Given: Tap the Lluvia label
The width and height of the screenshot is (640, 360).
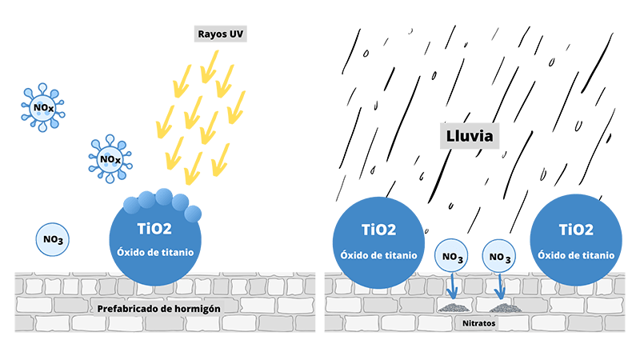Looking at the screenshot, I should click(x=470, y=137).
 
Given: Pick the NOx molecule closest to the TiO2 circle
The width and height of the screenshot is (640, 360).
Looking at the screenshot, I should click(x=110, y=160).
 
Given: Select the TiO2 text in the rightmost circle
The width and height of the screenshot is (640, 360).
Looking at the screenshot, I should click(x=576, y=230).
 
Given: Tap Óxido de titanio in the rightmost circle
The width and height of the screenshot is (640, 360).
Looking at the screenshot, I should click(x=576, y=254).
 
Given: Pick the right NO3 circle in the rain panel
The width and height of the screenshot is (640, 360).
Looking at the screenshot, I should click(x=500, y=257).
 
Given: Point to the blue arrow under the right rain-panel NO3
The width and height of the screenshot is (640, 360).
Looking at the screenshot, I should click(x=501, y=286).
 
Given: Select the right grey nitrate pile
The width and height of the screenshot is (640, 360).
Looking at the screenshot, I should click(x=502, y=308).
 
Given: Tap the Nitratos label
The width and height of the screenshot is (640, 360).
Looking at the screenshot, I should click(x=479, y=323).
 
